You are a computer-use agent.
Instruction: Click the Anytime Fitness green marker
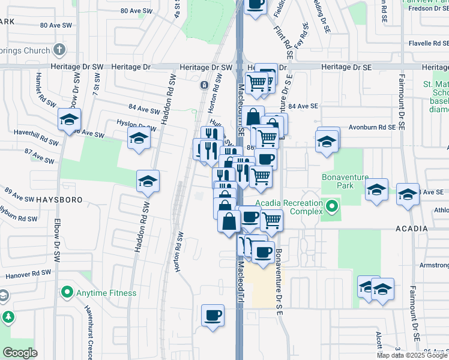point(67,293)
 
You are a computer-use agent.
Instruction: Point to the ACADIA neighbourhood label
point(412,229)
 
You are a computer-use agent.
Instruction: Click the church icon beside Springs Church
point(59,49)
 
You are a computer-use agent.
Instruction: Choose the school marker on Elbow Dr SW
point(70,120)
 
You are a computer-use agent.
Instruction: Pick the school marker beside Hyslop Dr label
point(139,139)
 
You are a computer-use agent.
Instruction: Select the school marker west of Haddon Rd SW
point(148,181)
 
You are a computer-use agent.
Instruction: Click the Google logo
point(20,353)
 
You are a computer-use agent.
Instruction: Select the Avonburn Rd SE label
point(374,127)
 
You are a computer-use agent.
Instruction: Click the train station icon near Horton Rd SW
point(205,85)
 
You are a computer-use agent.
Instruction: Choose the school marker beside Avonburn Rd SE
point(327,142)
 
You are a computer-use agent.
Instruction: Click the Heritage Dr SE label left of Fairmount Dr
point(344,67)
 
